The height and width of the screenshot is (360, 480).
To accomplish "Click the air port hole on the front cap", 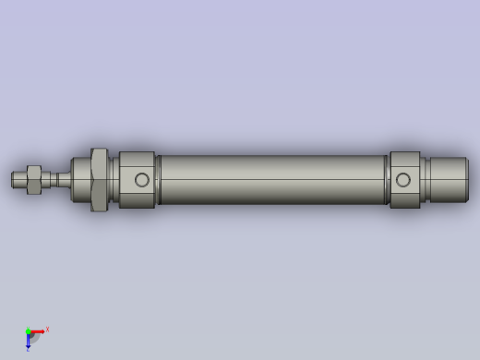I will [x=142, y=179].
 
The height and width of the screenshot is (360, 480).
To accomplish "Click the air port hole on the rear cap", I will [x=403, y=179].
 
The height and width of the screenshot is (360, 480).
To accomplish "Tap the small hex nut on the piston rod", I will [x=32, y=179].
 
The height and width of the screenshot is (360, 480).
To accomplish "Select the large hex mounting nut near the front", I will [x=100, y=179].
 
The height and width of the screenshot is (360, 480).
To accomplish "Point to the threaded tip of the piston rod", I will [x=18, y=178].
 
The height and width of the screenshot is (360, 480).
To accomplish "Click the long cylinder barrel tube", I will [x=272, y=179].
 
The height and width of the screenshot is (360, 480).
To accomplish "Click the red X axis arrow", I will [x=38, y=330].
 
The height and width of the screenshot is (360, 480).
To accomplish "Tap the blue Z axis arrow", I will [x=28, y=341].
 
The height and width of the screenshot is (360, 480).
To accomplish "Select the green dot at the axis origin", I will [x=28, y=330].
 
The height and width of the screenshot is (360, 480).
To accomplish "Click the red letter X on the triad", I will [x=47, y=329].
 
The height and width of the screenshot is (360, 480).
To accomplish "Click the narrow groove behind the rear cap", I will [x=425, y=179].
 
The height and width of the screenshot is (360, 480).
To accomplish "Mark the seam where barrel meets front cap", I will [x=158, y=179].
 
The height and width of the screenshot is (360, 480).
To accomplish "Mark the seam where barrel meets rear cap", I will [x=387, y=179].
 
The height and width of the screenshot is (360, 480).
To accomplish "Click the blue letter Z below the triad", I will [x=28, y=350].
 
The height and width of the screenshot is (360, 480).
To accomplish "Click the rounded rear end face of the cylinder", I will [x=466, y=179].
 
